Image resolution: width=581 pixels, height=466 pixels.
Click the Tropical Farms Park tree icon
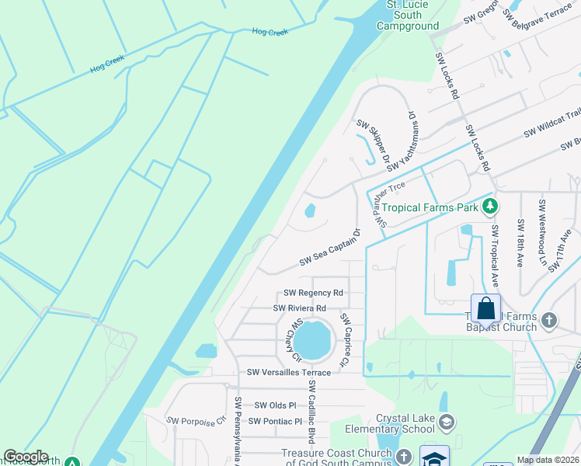(489, 207)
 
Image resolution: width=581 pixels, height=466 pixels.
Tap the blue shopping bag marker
(485, 308)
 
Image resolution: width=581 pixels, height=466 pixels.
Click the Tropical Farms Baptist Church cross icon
(548, 319)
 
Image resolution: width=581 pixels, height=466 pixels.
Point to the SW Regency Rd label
(313, 293)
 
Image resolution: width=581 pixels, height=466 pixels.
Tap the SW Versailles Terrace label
(289, 373)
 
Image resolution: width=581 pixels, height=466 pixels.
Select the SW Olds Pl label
(276, 405)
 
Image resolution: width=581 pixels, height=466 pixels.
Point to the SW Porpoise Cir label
(195, 420)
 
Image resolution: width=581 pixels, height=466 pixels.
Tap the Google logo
(26, 457)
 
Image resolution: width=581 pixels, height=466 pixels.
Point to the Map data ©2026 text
(548, 460)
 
